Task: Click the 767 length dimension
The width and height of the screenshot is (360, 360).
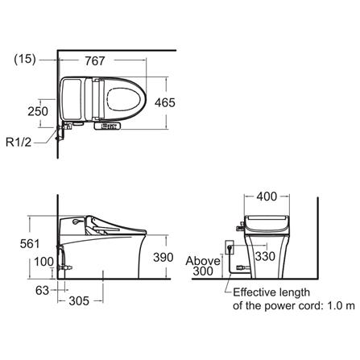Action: [95, 61]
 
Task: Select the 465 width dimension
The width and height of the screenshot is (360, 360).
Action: [165, 102]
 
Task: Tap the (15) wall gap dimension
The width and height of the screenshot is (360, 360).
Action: [25, 59]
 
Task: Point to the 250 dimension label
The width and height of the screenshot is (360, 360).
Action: [38, 111]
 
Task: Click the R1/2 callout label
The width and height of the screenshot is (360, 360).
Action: [19, 142]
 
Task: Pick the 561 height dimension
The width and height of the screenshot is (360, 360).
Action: [30, 244]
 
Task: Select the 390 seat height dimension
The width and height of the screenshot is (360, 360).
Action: [163, 258]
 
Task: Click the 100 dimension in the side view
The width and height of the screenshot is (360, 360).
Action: [43, 262]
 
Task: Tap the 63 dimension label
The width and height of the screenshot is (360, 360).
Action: [42, 290]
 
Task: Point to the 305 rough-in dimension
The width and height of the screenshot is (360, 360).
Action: [79, 301]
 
